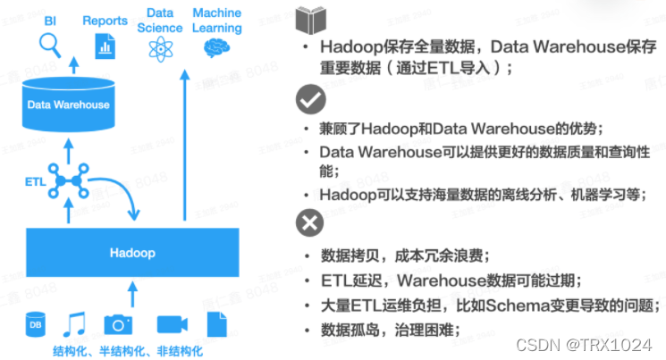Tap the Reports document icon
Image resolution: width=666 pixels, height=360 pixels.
tap(105, 43)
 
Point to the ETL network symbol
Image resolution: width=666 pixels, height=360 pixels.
tap(69, 180)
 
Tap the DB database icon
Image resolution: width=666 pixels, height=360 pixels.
tap(35, 325)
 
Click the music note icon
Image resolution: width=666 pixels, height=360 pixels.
tap(75, 323)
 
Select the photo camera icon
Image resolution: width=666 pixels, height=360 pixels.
tap(118, 324)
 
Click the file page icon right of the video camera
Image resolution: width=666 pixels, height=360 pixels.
tap(217, 324)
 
